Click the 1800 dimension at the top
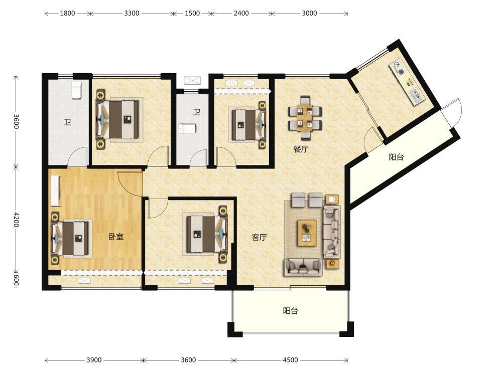click(x=67, y=14)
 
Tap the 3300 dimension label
click(x=132, y=14)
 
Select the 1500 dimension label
click(x=192, y=14)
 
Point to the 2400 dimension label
click(x=241, y=14)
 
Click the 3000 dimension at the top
click(x=309, y=14)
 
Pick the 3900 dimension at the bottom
click(x=94, y=360)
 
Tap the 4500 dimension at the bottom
click(x=290, y=360)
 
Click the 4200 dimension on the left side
click(x=16, y=220)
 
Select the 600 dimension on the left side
click(x=16, y=280)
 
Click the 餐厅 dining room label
click(x=301, y=149)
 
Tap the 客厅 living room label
click(x=259, y=237)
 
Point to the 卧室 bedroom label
click(x=116, y=237)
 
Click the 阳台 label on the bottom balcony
click(x=290, y=311)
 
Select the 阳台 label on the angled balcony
click(x=397, y=157)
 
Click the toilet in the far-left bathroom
click(x=76, y=90)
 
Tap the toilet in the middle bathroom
click(x=187, y=129)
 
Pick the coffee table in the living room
click(x=307, y=233)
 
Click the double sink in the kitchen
click(x=415, y=96)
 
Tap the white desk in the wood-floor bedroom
click(x=55, y=191)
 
